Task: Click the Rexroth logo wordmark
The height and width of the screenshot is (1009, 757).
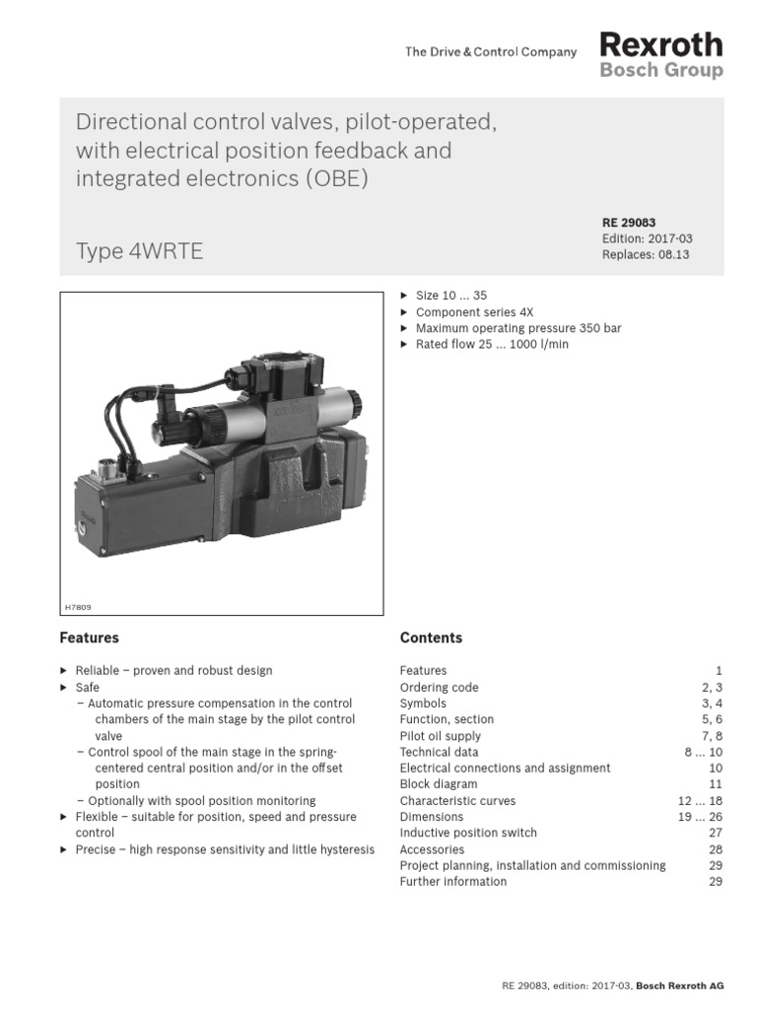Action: (x=660, y=44)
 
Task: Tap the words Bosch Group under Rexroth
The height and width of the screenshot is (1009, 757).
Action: (x=660, y=71)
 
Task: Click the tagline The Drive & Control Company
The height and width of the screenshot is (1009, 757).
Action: (x=490, y=52)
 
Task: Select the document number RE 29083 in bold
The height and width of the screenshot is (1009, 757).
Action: (x=629, y=223)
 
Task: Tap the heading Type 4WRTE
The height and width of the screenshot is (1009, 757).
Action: (x=139, y=251)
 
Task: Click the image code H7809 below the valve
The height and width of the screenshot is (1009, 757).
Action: (x=78, y=608)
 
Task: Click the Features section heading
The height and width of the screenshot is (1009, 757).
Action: (x=89, y=638)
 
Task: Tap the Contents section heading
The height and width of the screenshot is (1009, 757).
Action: (x=431, y=638)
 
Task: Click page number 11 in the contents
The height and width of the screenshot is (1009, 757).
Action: (x=716, y=784)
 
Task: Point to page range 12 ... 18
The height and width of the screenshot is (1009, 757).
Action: (x=700, y=801)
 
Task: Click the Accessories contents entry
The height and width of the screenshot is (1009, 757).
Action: (x=433, y=849)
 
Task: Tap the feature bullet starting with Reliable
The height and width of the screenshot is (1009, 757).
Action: (x=173, y=670)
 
